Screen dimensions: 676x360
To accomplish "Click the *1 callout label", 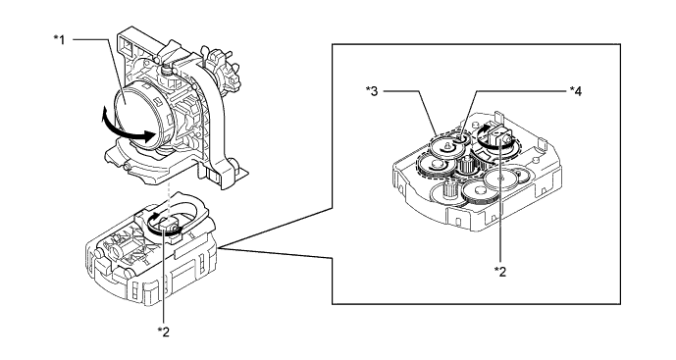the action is (x=59, y=39).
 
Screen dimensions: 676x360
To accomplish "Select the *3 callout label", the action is (x=372, y=91).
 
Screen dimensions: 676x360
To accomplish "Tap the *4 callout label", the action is (x=576, y=91).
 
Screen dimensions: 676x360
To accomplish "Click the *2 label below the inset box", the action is (x=500, y=272).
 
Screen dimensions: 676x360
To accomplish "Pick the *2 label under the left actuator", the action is (x=164, y=332).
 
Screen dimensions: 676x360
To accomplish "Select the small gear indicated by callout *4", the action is (x=460, y=139).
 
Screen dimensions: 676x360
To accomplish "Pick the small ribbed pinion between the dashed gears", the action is (x=466, y=166).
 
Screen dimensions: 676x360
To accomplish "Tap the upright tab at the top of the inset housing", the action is (x=500, y=117).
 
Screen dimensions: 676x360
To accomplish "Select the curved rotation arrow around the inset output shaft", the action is (x=494, y=138).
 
